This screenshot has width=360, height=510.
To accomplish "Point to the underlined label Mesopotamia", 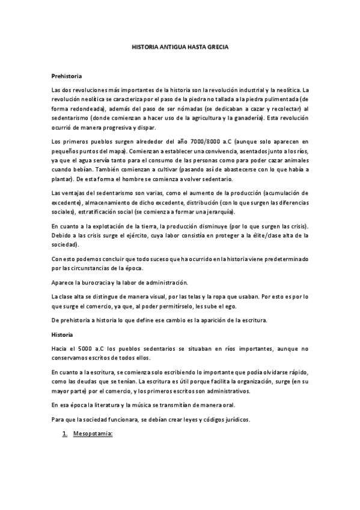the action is point(93,432).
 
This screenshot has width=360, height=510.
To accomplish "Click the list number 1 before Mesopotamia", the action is point(64,432).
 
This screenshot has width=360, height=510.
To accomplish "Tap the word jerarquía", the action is point(218,213).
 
